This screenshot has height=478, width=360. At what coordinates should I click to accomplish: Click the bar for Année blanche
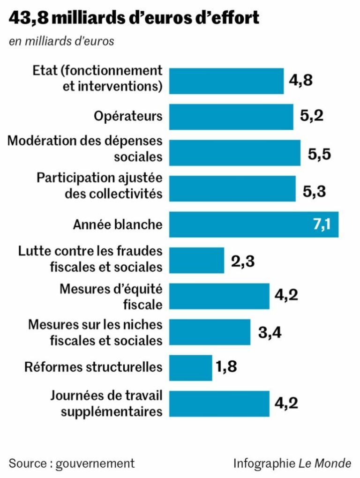click(x=253, y=224)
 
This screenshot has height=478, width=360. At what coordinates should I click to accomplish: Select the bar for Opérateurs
click(x=231, y=117)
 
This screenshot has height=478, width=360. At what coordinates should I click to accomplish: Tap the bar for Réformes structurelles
click(x=190, y=368)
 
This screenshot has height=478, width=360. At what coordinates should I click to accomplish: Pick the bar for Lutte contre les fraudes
click(x=196, y=261)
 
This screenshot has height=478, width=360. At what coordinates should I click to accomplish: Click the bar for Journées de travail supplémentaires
click(x=219, y=403)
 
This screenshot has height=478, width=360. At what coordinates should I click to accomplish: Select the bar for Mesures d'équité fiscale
click(x=219, y=296)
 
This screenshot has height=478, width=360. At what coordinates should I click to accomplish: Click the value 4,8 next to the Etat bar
click(x=300, y=81)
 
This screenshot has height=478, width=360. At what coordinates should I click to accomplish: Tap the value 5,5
click(x=320, y=153)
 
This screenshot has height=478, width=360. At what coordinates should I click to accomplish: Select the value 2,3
click(x=243, y=261)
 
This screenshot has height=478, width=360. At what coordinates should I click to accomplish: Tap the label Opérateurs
click(x=128, y=117)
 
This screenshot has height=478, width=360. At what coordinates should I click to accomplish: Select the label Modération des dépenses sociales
click(x=86, y=148)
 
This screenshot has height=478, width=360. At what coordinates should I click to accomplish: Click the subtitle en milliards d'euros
click(x=61, y=41)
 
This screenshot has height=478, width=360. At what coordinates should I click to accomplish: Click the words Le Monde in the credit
click(x=325, y=463)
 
